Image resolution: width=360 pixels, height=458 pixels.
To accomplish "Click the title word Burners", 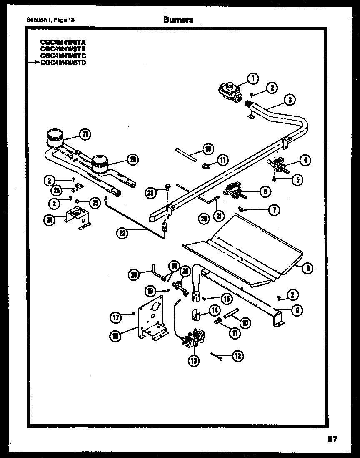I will coord(178,20).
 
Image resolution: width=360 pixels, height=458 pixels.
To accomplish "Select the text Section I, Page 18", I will coord(50,20).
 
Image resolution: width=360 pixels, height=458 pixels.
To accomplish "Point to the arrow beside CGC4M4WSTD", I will coord(34,63).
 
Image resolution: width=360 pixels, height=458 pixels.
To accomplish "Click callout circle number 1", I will coord(253,78).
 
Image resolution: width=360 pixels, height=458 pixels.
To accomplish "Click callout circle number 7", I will coord(274,210).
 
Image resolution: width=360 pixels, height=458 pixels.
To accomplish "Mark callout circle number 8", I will coord(307,269).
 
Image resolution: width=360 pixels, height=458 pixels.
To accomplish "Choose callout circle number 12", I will coord(237,356).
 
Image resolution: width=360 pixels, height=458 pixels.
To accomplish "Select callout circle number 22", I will coord(122,233).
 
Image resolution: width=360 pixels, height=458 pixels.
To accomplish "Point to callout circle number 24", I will coord(50,220).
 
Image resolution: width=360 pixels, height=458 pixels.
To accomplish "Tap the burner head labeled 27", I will coord(55,138).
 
